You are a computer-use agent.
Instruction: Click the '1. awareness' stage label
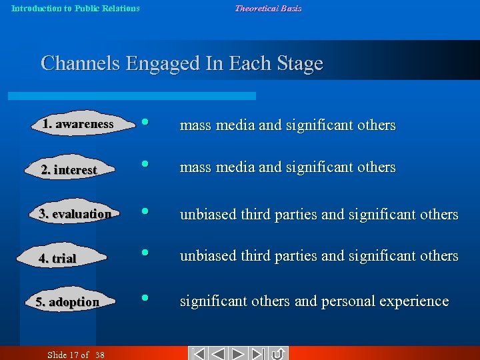pos(77,124)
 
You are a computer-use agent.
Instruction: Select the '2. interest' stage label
pos(69,170)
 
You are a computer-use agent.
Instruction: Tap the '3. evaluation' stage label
pos(75,214)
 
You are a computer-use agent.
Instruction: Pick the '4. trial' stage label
pos(57,258)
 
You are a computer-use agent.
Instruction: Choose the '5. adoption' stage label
pos(67,302)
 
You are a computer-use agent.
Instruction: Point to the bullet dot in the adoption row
pos(144,298)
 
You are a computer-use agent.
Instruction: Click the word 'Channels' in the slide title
pos(81,63)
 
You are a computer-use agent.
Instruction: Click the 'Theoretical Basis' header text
pos(268,9)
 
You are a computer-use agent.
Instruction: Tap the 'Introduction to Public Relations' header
pos(75,9)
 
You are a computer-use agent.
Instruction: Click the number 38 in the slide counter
pos(99,355)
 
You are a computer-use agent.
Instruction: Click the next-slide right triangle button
pos(240,353)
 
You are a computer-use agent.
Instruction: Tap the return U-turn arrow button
pos(278,353)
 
